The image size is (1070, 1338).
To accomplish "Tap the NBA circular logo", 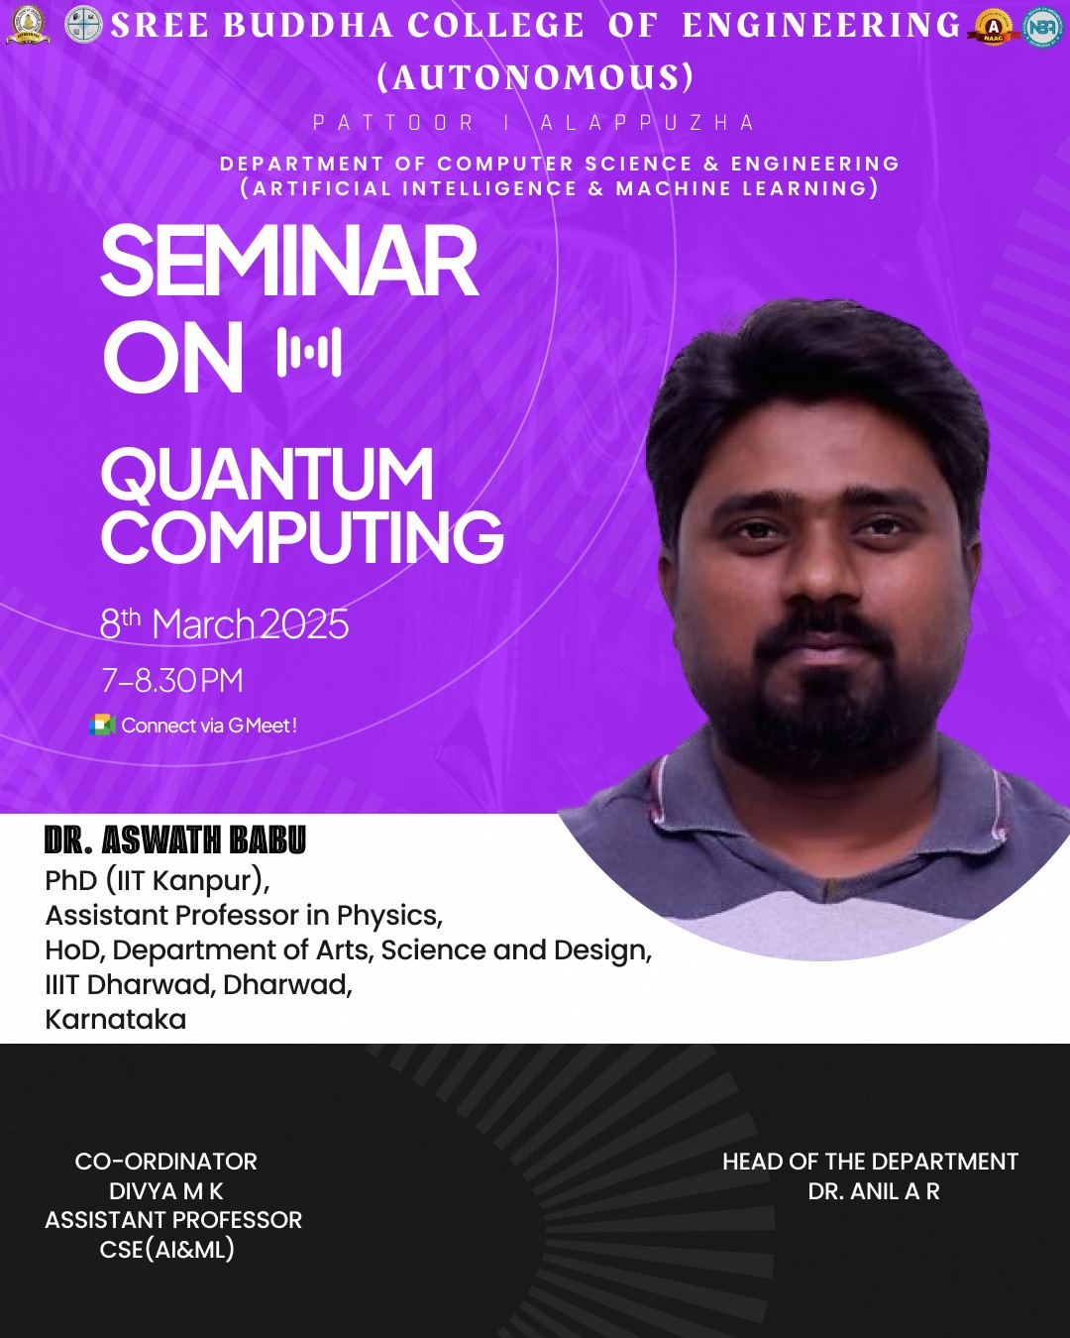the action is pyautogui.click(x=1042, y=26).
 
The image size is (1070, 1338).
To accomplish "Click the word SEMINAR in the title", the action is pyautogui.click(x=289, y=260).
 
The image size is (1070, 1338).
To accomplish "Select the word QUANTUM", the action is pyautogui.click(x=267, y=474).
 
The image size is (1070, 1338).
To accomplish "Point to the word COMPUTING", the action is pyautogui.click(x=302, y=536).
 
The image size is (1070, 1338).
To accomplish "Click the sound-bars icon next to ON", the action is pyautogui.click(x=309, y=352).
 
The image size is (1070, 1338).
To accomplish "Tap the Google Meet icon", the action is pyautogui.click(x=102, y=725).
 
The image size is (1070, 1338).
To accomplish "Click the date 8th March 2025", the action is pyautogui.click(x=225, y=623).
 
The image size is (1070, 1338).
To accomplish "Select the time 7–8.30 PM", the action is pyautogui.click(x=172, y=680).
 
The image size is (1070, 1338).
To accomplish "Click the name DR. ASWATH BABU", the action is pyautogui.click(x=175, y=840).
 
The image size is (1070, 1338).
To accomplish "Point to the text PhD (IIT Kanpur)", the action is pyautogui.click(x=158, y=881).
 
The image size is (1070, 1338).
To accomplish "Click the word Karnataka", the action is pyautogui.click(x=116, y=1020).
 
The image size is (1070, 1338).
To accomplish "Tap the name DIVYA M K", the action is pyautogui.click(x=166, y=1191).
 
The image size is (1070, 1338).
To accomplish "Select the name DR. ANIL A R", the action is pyautogui.click(x=874, y=1191).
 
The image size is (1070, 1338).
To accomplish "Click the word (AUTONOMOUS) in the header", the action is pyautogui.click(x=535, y=77).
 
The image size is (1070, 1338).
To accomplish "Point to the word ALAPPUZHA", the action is pyautogui.click(x=647, y=123).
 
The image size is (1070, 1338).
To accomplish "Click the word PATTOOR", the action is pyautogui.click(x=393, y=123).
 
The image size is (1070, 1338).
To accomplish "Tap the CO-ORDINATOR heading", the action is pyautogui.click(x=166, y=1162).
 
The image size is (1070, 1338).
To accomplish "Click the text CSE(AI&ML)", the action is pyautogui.click(x=166, y=1250).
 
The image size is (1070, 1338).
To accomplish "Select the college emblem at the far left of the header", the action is pyautogui.click(x=28, y=25).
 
